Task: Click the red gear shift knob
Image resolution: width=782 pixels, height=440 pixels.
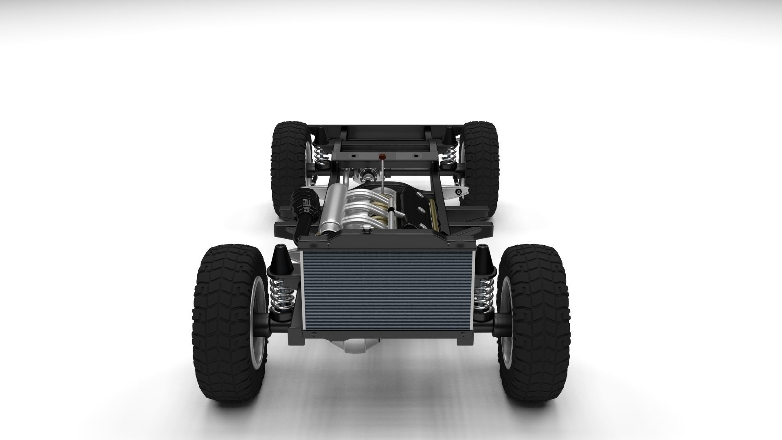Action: coord(382,156)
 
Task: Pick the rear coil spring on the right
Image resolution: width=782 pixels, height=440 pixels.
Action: coord(449,154)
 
